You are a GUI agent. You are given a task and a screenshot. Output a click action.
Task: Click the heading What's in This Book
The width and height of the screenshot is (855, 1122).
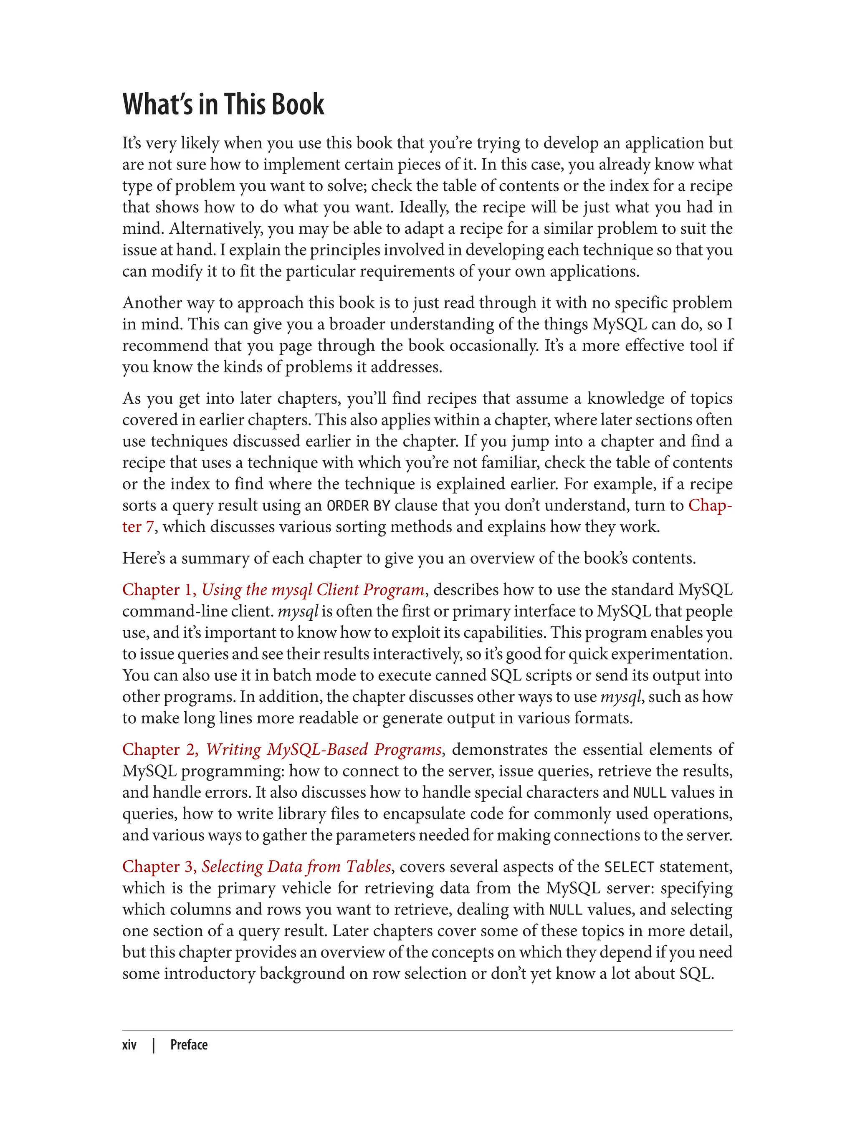click(x=223, y=104)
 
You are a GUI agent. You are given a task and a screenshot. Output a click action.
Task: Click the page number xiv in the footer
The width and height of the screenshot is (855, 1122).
click(x=129, y=1045)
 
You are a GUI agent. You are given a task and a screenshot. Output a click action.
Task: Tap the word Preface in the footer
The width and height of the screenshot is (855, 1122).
click(x=189, y=1045)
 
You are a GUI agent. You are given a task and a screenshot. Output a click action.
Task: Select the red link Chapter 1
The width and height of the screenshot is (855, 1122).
click(x=159, y=589)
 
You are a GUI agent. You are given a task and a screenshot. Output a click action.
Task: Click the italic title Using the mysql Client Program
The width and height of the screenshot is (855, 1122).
click(x=313, y=589)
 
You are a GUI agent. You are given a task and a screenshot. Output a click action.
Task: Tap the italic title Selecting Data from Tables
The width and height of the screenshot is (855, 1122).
click(x=296, y=866)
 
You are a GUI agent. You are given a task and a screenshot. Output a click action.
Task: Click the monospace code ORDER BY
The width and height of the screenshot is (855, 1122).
click(x=358, y=505)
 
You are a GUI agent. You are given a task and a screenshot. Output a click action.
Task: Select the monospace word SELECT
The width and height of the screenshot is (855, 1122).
click(x=629, y=867)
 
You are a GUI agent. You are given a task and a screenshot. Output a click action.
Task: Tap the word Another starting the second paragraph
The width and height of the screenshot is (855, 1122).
click(x=152, y=303)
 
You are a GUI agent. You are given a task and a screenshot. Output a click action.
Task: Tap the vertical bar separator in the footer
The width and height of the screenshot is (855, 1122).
click(x=154, y=1045)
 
